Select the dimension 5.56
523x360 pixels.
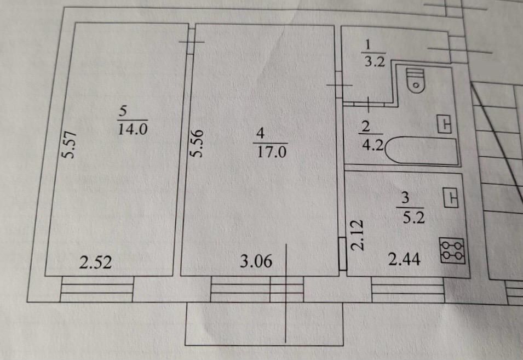tap(198, 144)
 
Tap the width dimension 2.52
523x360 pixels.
tap(95, 263)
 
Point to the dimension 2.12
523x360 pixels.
tap(358, 236)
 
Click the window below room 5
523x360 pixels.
tap(97, 289)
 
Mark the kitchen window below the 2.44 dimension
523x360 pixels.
tap(407, 289)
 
